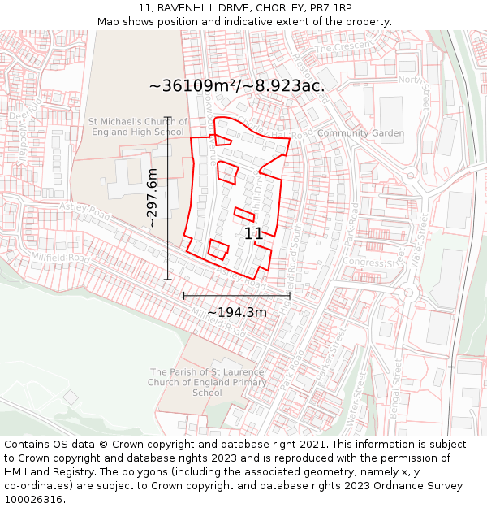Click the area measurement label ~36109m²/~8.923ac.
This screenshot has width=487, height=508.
(x=237, y=85)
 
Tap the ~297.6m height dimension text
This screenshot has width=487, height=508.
(x=152, y=198)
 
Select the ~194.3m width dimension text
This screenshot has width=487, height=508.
(x=237, y=312)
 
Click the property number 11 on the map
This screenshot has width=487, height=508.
(x=253, y=233)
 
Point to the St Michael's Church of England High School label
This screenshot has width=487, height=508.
(x=137, y=127)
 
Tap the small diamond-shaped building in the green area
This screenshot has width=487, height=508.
(x=71, y=397)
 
